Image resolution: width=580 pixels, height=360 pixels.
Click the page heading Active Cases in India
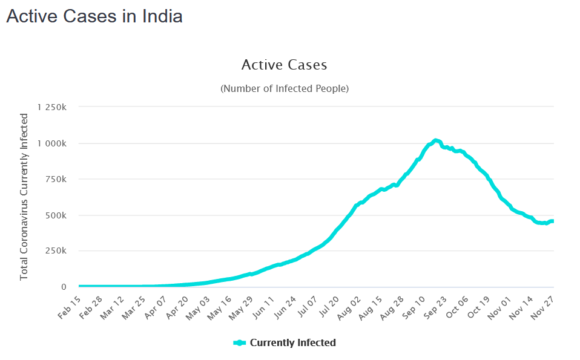coord(94,16)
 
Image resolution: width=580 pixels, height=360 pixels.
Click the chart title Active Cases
coord(284,65)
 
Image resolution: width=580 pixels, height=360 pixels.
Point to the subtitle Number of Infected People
coord(284,88)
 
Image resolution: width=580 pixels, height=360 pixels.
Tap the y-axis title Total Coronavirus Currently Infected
coord(24,196)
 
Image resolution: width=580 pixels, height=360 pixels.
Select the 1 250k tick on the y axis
coord(56,107)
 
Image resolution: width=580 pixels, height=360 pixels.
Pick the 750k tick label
coord(61,179)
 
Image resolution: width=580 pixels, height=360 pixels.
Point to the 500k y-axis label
coord(61,215)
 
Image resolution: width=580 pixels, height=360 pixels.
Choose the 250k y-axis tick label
coord(61,251)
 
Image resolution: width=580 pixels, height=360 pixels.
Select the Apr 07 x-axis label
coord(155,306)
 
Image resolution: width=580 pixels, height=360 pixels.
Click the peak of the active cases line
coord(435,140)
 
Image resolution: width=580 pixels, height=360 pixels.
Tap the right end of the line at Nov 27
coord(552,221)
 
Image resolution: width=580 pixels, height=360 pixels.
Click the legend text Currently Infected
coord(292,342)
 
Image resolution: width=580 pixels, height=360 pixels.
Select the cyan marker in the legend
coord(240,342)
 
